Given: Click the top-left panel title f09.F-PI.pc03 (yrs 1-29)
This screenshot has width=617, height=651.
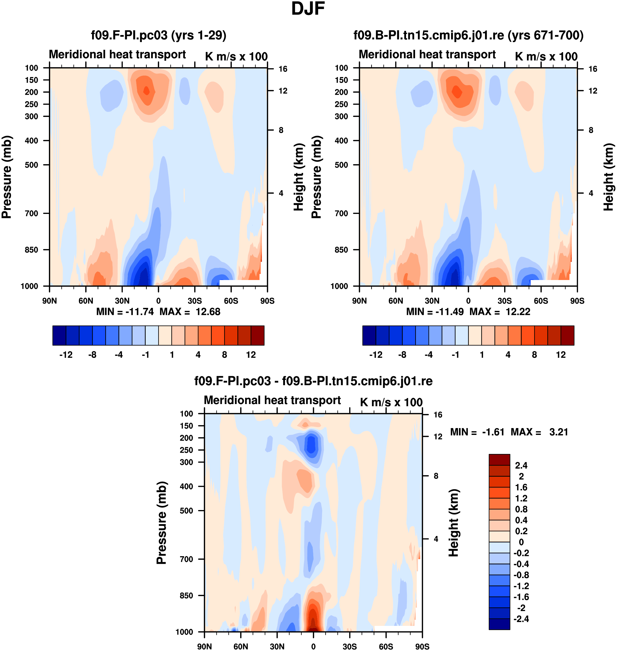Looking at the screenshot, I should (x=158, y=35).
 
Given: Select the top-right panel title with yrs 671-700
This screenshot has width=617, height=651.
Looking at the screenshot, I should (x=468, y=35).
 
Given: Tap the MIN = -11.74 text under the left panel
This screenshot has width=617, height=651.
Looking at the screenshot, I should (x=125, y=312).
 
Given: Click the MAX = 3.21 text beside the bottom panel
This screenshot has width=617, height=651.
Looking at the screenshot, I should (x=539, y=432).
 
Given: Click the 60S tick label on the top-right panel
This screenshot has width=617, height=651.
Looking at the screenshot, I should (x=541, y=301).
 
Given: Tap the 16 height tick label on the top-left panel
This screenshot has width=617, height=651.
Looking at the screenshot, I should (x=283, y=69).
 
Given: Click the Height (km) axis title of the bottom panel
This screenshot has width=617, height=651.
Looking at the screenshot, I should (x=454, y=523).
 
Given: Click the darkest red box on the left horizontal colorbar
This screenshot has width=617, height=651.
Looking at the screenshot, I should (x=257, y=335).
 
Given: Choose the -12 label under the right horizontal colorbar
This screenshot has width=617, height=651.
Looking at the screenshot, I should (x=376, y=355).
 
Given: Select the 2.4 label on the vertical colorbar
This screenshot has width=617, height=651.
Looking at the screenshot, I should (x=521, y=465).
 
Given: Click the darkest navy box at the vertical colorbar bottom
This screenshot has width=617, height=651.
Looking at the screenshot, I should (x=499, y=624).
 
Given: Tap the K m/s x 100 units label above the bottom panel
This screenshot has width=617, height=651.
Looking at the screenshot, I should (x=391, y=402).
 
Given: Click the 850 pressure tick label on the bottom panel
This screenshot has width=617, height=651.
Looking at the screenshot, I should (x=186, y=596).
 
